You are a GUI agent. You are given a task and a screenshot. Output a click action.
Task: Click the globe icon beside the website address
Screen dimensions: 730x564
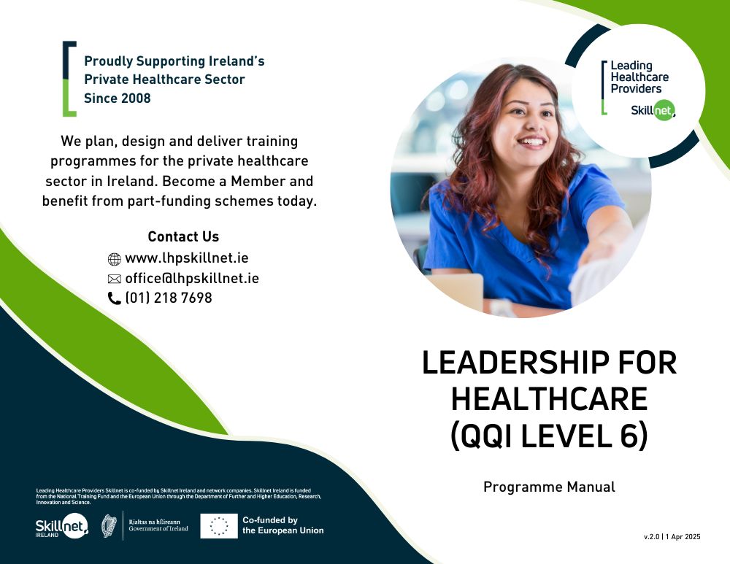tap(114, 259)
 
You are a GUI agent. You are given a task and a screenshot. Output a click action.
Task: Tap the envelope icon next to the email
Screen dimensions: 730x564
tap(114, 279)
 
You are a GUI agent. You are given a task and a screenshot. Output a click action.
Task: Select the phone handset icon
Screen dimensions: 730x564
tap(114, 298)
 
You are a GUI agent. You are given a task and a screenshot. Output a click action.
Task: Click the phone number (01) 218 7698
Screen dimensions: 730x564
tap(169, 298)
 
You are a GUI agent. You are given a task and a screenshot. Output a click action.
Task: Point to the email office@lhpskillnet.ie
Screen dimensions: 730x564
tap(192, 278)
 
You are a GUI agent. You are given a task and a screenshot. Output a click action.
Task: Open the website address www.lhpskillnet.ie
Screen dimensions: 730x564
tap(187, 258)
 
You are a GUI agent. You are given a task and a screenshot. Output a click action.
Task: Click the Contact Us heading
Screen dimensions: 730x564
tap(183, 236)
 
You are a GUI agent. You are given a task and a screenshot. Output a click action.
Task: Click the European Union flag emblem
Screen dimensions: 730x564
tap(219, 526)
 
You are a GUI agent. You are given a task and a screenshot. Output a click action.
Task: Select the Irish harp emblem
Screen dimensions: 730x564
tap(109, 526)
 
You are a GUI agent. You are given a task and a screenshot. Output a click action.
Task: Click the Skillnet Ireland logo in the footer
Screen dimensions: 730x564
tap(62, 526)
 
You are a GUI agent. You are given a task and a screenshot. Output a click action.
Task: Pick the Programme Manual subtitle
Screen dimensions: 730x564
tap(549, 487)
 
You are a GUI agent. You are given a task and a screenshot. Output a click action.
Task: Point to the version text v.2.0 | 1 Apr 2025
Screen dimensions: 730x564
tap(672, 536)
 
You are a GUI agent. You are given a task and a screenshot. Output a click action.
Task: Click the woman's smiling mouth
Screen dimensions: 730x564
tap(531, 141)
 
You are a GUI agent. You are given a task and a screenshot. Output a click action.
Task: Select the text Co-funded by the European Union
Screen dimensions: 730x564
tap(283, 525)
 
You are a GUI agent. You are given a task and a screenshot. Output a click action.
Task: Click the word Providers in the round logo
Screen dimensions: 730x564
tap(636, 88)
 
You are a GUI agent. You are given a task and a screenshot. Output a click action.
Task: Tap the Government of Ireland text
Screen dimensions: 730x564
tap(158, 529)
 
